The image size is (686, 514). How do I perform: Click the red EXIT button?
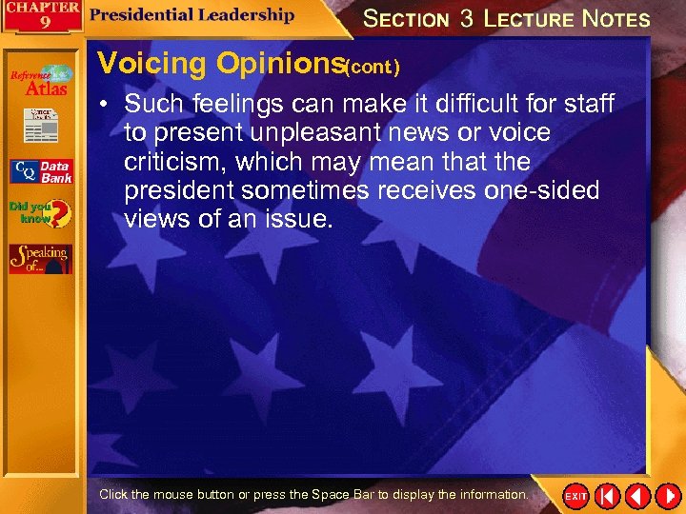(575, 496)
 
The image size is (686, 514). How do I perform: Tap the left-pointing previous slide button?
(637, 496)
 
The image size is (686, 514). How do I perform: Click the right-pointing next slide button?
(666, 496)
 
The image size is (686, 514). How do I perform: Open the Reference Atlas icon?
(40, 81)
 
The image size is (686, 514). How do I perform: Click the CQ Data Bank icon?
(40, 171)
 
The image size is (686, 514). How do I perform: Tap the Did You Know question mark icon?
(40, 213)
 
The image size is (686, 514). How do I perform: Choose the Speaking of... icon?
(40, 259)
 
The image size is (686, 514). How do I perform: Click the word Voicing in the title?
(152, 64)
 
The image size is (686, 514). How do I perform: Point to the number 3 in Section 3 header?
(466, 18)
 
